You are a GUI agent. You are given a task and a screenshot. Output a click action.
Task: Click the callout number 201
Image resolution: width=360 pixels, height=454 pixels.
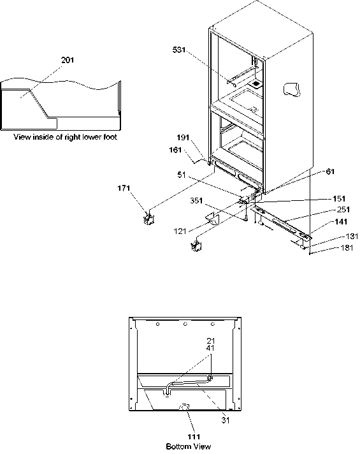[68, 60]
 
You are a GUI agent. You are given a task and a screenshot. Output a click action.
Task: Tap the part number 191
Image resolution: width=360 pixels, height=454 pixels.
[184, 137]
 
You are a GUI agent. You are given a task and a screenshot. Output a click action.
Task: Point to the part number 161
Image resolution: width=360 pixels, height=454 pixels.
[175, 150]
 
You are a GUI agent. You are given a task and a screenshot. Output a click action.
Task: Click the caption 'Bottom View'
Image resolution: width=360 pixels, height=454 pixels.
[188, 446]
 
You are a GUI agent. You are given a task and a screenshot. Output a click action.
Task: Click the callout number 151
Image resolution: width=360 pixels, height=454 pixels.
[342, 198]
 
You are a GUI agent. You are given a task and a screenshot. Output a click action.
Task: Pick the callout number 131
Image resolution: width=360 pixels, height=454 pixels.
[343, 235]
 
